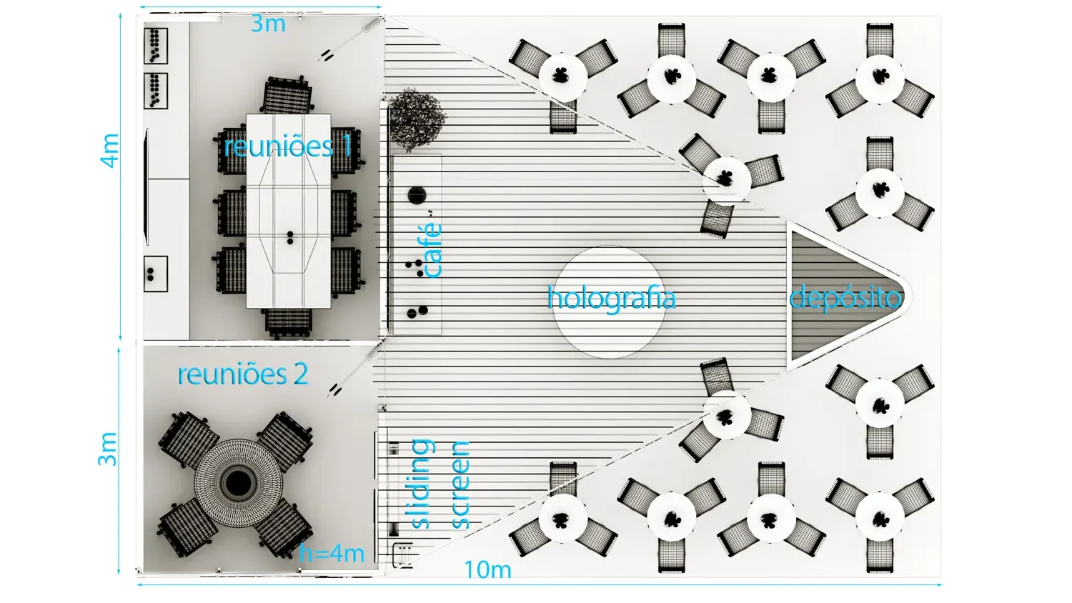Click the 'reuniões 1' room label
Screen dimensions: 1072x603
click(x=287, y=146)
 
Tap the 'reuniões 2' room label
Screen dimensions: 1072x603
click(x=243, y=374)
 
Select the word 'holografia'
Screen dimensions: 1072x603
click(x=612, y=298)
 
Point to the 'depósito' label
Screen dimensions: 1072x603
click(x=845, y=298)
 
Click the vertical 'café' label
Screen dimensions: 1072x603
click(x=432, y=250)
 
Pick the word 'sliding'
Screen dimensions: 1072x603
click(x=422, y=484)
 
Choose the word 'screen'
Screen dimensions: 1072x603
click(x=460, y=485)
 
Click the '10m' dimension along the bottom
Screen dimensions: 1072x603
click(x=487, y=569)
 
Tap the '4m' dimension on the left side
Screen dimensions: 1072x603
click(x=109, y=151)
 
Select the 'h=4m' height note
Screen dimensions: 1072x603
click(x=332, y=553)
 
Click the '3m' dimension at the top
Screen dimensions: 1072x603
click(x=268, y=24)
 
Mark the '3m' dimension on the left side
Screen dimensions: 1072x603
click(x=107, y=449)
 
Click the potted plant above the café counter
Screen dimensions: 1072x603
click(x=417, y=119)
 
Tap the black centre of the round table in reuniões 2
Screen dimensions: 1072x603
click(x=238, y=484)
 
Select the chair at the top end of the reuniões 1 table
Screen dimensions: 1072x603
click(x=288, y=95)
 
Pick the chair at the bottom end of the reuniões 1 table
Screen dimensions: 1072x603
click(x=288, y=323)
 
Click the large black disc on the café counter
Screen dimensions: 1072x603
click(x=417, y=195)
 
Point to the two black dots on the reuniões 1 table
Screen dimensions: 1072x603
click(x=290, y=238)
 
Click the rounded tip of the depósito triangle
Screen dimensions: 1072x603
click(x=910, y=296)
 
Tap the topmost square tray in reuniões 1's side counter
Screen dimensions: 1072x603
click(x=156, y=46)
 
